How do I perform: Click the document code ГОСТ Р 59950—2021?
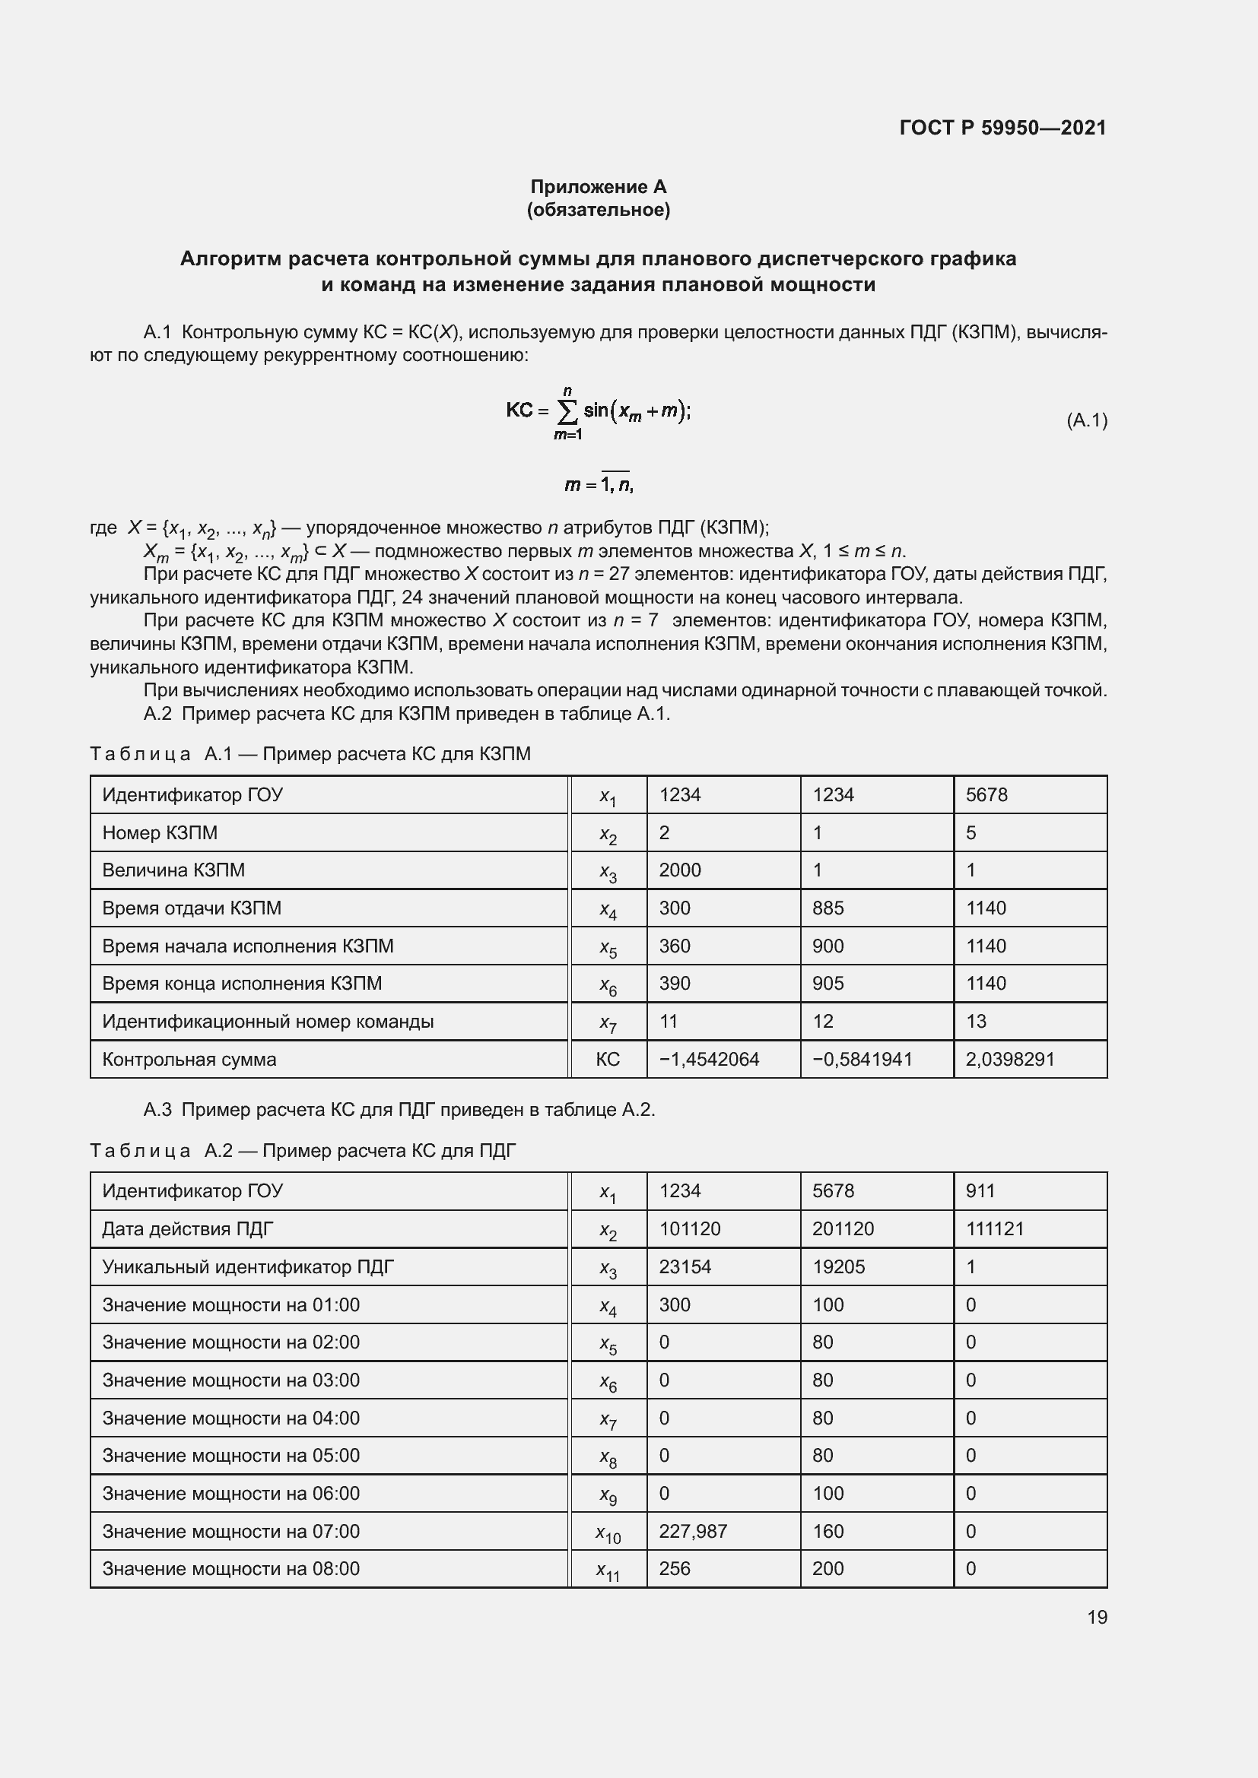coord(1002,128)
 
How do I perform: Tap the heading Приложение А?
coord(598,187)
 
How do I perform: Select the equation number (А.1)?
coord(1087,420)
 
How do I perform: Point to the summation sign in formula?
coord(567,413)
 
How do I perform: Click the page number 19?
coord(1097,1617)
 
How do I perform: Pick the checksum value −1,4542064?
coord(709,1060)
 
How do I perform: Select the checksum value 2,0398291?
coord(1009,1060)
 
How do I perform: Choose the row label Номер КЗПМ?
coord(160,833)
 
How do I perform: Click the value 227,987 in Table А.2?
coord(693,1532)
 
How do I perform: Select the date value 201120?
coord(843,1229)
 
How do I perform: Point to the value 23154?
coord(685,1267)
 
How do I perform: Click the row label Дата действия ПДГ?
coord(187,1229)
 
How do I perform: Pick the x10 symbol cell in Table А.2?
coord(608,1533)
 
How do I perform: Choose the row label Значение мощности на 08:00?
coord(231,1569)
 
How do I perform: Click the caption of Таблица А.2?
coord(303,1151)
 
